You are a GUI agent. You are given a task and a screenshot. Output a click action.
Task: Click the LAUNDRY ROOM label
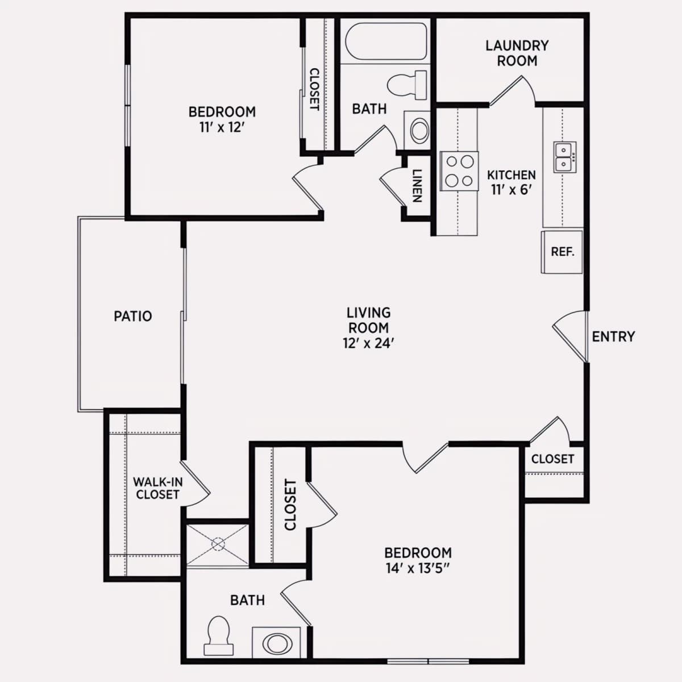[517, 53]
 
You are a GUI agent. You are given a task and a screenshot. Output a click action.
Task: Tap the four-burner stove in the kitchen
[459, 171]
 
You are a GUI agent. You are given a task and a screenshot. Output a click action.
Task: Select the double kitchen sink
[565, 157]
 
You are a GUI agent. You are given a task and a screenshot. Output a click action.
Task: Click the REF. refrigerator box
[562, 252]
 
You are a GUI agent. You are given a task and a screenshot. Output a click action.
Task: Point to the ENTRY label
[613, 336]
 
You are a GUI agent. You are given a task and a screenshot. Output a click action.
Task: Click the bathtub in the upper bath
[386, 41]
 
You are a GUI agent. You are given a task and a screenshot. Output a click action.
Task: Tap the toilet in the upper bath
[407, 85]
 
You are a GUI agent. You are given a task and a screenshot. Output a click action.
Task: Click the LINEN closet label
[418, 186]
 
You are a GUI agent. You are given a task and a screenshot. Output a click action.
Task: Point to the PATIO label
[133, 316]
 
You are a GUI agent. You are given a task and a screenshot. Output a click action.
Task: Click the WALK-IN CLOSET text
[158, 488]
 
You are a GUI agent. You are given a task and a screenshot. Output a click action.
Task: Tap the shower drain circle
[218, 544]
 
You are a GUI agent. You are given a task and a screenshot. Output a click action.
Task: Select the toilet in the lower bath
[218, 635]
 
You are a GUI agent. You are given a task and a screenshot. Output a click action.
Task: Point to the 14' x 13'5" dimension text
[418, 569]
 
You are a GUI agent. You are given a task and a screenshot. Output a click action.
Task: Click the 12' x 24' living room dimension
[368, 343]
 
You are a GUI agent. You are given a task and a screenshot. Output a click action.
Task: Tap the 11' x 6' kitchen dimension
[511, 190]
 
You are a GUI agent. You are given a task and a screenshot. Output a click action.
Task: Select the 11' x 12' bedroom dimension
[222, 127]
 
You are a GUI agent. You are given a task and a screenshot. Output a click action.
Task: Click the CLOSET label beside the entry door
[552, 459]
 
